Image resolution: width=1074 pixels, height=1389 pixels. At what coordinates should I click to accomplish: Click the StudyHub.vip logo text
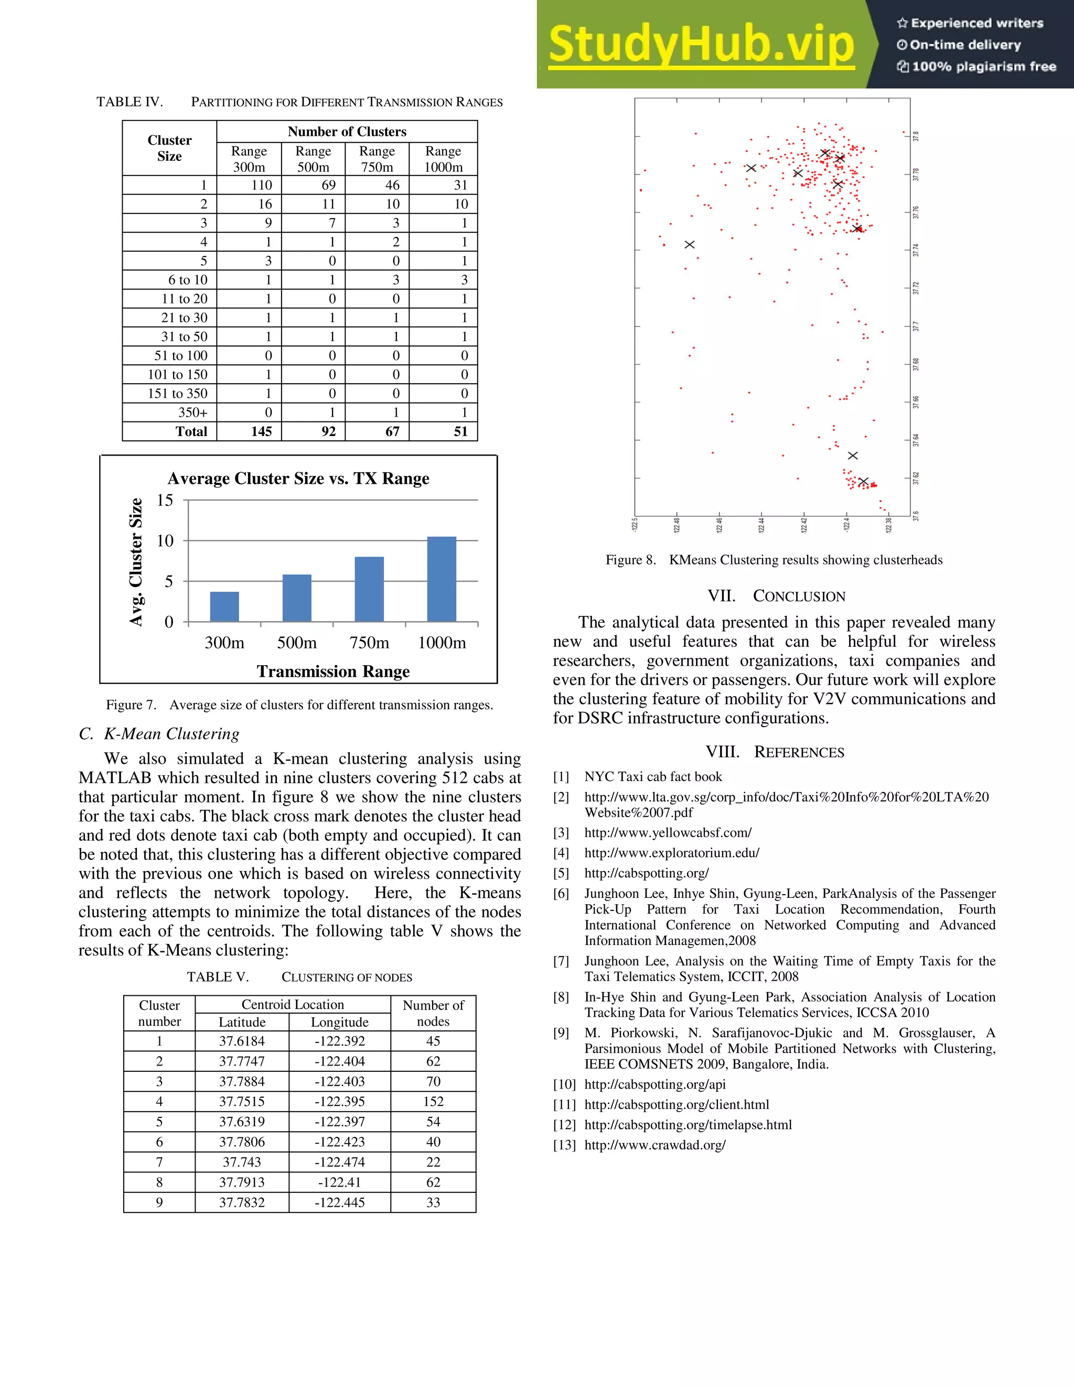coord(701,45)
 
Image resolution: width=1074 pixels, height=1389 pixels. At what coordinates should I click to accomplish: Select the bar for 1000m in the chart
coord(442,579)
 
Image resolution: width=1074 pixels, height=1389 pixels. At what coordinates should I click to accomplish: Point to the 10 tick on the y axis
coord(165,540)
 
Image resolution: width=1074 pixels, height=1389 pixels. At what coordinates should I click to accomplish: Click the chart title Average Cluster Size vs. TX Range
coord(298,478)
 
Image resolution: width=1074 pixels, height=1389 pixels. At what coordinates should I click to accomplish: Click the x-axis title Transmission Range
coord(333,671)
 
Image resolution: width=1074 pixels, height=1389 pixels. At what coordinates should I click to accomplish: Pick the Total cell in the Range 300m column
coord(262,431)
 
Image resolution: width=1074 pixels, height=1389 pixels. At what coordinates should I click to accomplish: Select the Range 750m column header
coord(377,159)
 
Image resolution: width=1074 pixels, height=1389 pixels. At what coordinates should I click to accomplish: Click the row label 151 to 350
coord(178,393)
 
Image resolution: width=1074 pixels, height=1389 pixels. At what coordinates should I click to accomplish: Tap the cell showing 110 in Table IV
coord(262,185)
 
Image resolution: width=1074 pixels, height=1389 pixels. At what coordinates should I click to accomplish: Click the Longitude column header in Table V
coord(340,1022)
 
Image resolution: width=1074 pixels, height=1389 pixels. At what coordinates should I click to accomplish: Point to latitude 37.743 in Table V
coord(242,1162)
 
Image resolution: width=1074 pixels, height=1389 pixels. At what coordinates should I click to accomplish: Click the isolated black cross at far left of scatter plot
coord(689,244)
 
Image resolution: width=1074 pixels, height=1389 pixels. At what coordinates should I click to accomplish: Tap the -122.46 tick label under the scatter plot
coord(719,525)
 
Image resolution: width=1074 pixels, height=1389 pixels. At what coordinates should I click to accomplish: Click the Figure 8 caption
coord(774,560)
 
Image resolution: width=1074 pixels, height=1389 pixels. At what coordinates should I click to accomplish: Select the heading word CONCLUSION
coord(799,596)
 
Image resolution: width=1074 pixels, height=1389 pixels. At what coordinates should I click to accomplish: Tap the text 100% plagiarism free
coord(984,67)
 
